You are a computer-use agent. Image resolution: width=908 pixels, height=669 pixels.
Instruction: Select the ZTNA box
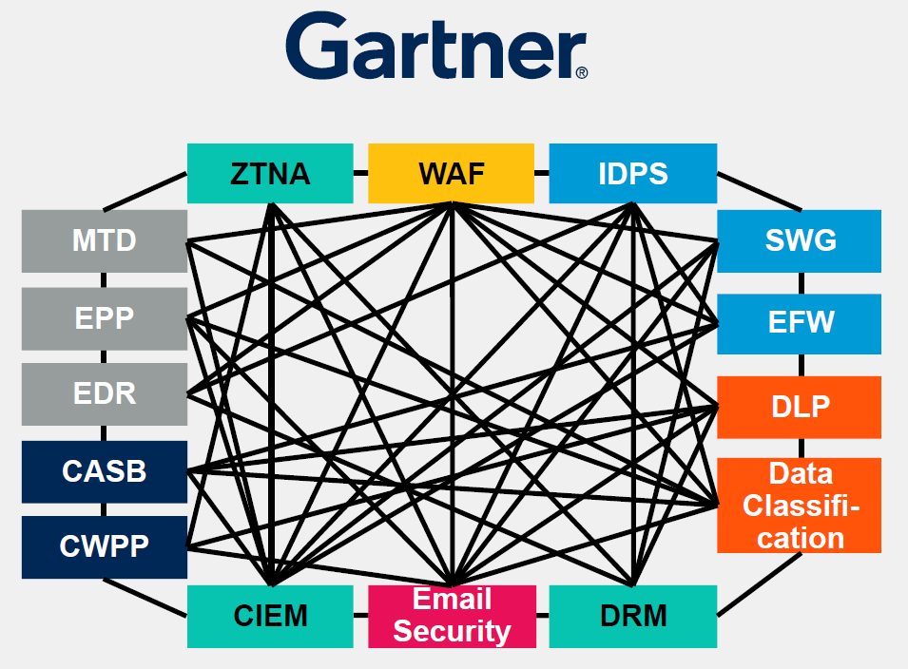point(270,173)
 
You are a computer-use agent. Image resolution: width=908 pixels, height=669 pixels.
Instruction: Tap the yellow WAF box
point(451,173)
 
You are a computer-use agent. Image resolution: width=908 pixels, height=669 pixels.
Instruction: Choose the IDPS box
point(632,173)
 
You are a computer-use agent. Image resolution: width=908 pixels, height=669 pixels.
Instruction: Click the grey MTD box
point(105,241)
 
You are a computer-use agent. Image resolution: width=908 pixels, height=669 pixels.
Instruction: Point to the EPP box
point(105,317)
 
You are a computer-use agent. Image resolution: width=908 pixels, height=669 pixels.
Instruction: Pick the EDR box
point(105,393)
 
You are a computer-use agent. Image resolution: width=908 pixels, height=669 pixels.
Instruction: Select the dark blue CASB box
point(105,470)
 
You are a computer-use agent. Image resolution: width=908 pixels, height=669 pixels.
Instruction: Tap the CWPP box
point(105,547)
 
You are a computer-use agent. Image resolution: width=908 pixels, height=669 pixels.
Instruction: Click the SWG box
point(800,241)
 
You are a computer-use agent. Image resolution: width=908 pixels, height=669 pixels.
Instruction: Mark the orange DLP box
point(800,407)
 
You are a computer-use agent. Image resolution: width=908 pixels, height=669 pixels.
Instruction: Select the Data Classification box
point(800,506)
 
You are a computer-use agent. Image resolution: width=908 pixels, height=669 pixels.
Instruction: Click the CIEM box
point(270,616)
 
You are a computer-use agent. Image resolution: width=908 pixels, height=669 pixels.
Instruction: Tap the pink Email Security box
point(452,616)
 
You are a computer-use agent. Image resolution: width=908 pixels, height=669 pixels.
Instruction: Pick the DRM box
point(632,616)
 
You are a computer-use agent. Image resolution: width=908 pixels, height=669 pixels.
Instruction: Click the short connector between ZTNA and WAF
point(360,173)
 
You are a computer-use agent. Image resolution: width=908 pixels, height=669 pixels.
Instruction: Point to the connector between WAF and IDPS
point(541,173)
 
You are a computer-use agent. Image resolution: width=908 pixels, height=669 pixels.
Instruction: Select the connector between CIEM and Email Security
point(360,616)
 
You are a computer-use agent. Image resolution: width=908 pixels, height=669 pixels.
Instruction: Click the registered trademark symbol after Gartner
point(582,71)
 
